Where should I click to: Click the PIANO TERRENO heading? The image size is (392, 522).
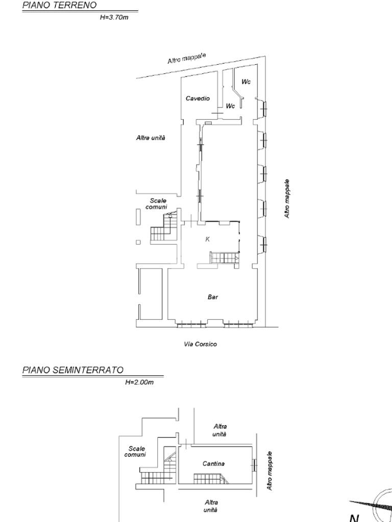point(59,5)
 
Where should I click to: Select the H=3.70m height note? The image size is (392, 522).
point(114,17)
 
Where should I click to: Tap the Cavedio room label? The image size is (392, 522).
point(198,98)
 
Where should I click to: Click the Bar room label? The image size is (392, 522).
point(213,297)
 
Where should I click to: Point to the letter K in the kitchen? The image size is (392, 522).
point(208,239)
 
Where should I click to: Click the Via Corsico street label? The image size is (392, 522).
point(200,344)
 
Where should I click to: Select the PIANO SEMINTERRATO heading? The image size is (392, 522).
point(72,370)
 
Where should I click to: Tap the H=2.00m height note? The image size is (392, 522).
point(139,382)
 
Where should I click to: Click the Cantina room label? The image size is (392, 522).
point(214,463)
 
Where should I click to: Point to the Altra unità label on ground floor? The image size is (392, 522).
point(151,138)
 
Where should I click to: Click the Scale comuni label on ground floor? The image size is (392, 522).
point(158,204)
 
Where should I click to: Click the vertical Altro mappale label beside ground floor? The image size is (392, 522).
point(287,199)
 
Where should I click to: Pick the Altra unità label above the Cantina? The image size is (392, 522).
point(220,430)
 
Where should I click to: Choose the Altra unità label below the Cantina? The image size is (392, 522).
point(211,506)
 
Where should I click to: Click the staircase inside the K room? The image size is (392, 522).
point(225,257)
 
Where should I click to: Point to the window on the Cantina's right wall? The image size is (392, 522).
point(255,465)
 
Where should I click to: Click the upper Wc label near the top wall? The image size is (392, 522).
point(247,82)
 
